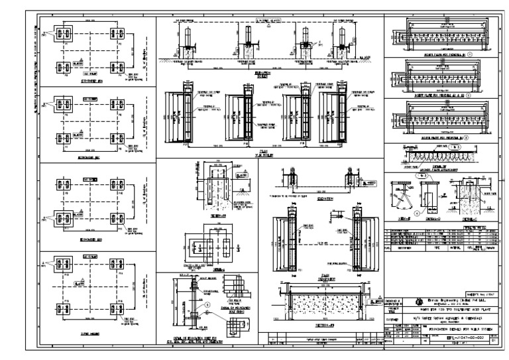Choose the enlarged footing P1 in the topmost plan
tap(64, 33)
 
